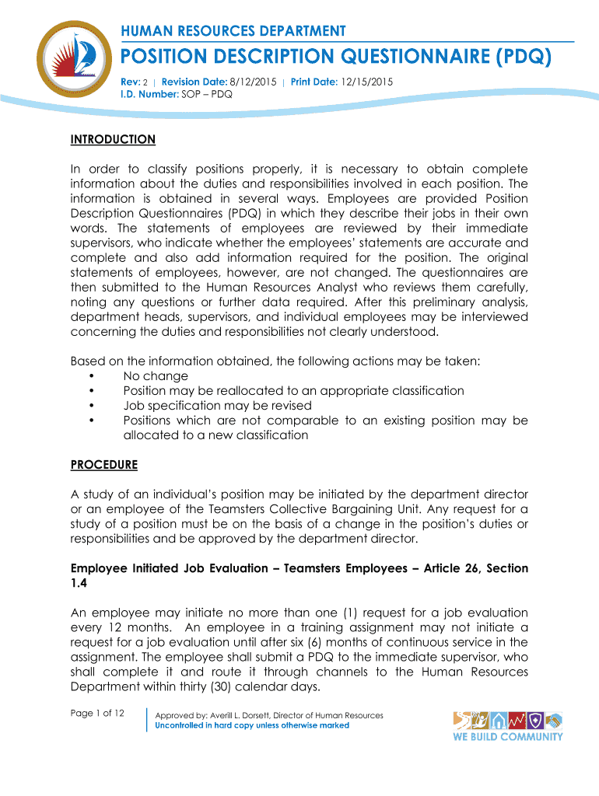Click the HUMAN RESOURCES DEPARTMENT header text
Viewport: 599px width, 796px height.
point(233,31)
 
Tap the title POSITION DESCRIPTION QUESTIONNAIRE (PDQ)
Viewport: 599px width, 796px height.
point(335,58)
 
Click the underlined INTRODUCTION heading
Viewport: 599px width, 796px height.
point(113,140)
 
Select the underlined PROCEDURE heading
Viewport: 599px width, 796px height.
point(103,465)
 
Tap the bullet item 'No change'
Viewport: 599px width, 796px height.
point(156,376)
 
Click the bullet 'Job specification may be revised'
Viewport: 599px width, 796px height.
point(217,406)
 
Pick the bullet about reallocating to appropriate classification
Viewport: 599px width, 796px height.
point(293,391)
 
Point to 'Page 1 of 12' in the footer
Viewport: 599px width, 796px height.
point(97,714)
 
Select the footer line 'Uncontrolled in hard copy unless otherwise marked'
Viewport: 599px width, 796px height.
point(252,725)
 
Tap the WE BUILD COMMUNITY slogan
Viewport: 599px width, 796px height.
point(507,737)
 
